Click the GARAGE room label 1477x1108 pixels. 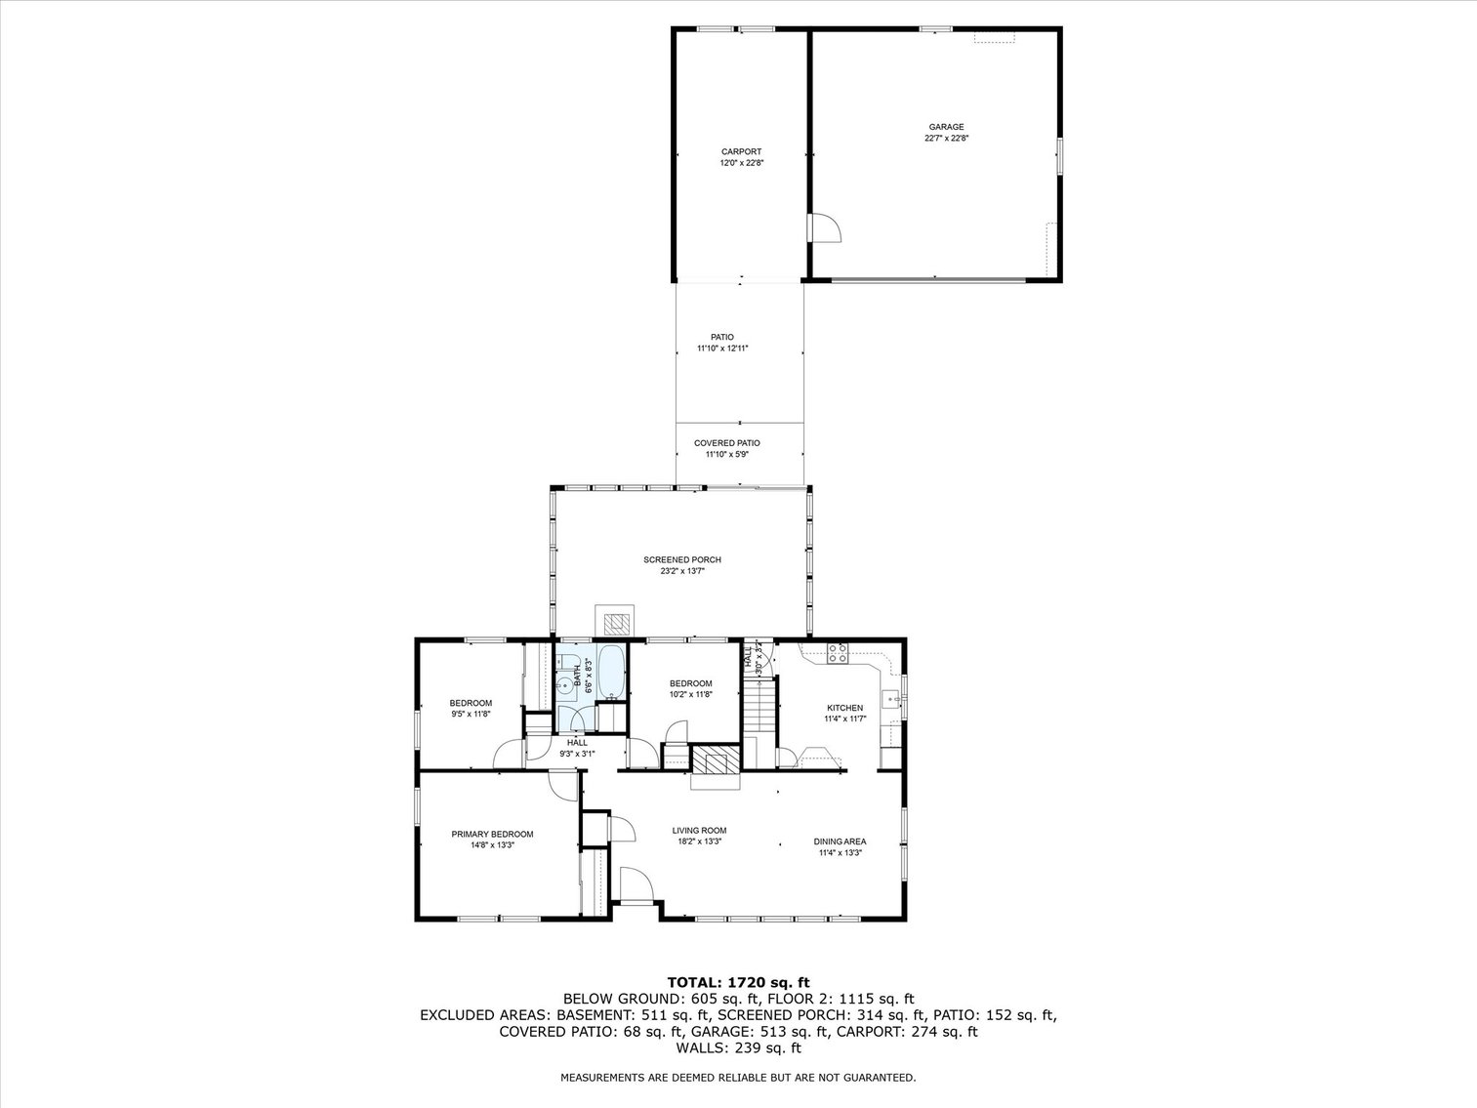tap(945, 127)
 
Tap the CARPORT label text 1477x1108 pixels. tap(741, 151)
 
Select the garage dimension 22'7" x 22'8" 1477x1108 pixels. tap(945, 139)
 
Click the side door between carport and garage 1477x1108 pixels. tap(825, 227)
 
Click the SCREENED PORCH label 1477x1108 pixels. tap(681, 559)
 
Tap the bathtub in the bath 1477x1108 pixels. tap(610, 672)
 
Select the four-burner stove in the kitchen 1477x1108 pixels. tap(838, 654)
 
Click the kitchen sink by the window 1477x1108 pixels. tap(890, 698)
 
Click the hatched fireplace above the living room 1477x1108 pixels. tap(716, 760)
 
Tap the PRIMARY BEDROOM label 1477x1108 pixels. tap(492, 834)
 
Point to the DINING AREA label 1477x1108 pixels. tap(840, 841)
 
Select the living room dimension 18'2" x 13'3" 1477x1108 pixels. tap(699, 841)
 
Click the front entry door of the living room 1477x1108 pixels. tap(635, 885)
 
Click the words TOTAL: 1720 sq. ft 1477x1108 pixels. tap(738, 982)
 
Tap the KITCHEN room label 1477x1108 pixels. tap(844, 708)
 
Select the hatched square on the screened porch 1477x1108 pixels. tap(615, 622)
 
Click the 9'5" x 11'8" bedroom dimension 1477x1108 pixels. tap(470, 714)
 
